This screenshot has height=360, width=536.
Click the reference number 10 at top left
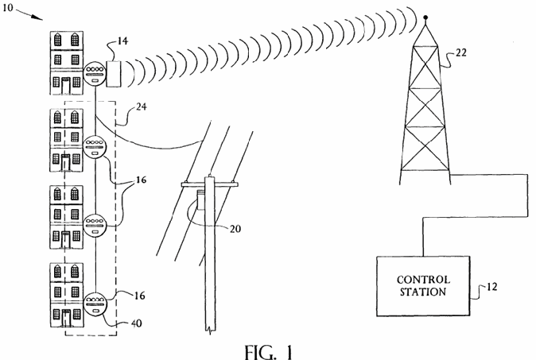pyautogui.click(x=7, y=7)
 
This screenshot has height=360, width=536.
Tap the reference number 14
pyautogui.click(x=122, y=41)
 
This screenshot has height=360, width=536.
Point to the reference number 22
pyautogui.click(x=460, y=52)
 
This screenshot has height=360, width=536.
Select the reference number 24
pyautogui.click(x=142, y=107)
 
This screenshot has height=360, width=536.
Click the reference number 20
pyautogui.click(x=235, y=229)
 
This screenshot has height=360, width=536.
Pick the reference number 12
pyautogui.click(x=491, y=287)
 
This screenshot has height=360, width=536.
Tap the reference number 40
pyautogui.click(x=137, y=323)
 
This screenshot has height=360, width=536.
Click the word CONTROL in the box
pyautogui.click(x=423, y=280)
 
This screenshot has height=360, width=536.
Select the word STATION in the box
pyautogui.click(x=423, y=292)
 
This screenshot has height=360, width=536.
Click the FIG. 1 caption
pyautogui.click(x=269, y=352)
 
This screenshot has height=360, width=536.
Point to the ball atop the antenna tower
pyautogui.click(x=425, y=17)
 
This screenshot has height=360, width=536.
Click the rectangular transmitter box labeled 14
pyautogui.click(x=114, y=74)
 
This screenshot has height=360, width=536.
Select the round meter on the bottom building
pyautogui.click(x=96, y=304)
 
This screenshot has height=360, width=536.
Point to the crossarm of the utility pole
pyautogui.click(x=209, y=185)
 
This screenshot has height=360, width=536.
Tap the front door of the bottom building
pyautogui.click(x=66, y=318)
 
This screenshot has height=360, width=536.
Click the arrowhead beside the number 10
pyautogui.click(x=37, y=17)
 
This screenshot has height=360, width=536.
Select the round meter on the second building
pyautogui.click(x=95, y=147)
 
